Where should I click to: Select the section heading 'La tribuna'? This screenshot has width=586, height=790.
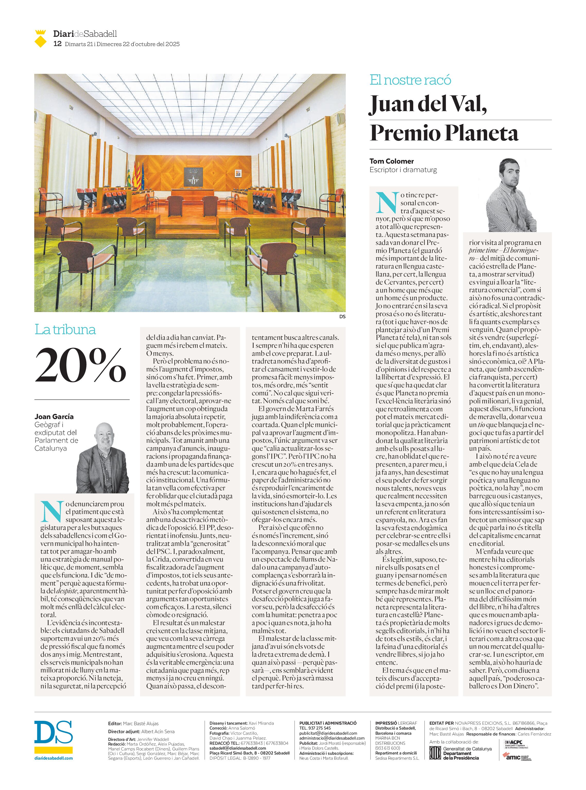[x=65, y=330]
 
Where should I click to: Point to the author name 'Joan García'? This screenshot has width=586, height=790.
[x=54, y=416]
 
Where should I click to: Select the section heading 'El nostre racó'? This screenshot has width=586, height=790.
[x=410, y=80]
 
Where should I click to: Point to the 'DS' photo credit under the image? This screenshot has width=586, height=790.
[x=342, y=316]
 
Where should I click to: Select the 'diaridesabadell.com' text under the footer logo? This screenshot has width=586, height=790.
[x=54, y=758]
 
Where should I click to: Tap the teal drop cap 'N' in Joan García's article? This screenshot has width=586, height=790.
[x=52, y=512]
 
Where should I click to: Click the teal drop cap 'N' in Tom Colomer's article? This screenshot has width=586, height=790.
[x=387, y=203]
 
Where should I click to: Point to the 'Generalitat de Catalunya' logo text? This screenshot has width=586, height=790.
[x=467, y=749]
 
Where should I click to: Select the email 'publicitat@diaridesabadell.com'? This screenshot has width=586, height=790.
[x=328, y=733]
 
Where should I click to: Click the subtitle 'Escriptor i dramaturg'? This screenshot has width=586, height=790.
[x=403, y=170]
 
